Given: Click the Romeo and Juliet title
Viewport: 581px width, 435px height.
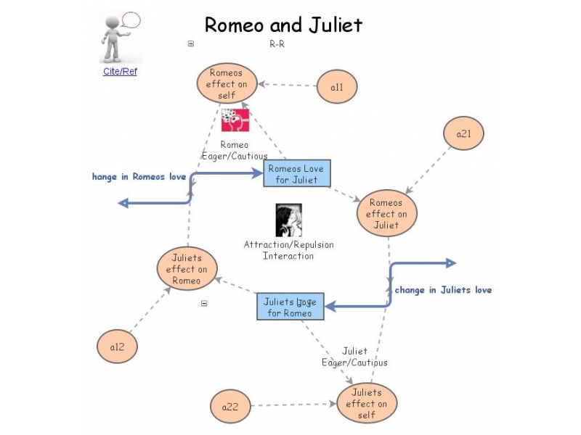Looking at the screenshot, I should click(x=283, y=25).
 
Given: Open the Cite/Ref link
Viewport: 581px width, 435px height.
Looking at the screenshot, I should click(x=120, y=72).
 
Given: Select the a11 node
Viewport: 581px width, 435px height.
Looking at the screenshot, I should click(x=337, y=88).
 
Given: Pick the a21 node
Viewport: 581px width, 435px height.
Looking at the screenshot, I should click(x=463, y=133).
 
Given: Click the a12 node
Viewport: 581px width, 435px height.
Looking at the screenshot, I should click(x=118, y=347).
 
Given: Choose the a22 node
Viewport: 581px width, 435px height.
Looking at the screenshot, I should click(x=230, y=407).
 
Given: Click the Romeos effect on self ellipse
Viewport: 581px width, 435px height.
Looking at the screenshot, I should click(x=227, y=83).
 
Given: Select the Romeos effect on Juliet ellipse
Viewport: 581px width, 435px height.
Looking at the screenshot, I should click(x=386, y=214).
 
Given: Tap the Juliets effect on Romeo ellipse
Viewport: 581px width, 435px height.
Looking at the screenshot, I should click(x=187, y=269).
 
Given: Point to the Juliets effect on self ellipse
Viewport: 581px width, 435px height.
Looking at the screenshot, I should click(x=367, y=404).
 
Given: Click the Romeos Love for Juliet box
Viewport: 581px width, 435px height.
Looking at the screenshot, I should click(x=296, y=174).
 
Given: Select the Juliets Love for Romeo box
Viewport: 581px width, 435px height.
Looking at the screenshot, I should click(x=290, y=307).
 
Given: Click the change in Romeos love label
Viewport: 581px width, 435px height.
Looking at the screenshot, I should click(x=139, y=177).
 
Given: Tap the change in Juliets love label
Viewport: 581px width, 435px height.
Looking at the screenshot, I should click(x=443, y=290).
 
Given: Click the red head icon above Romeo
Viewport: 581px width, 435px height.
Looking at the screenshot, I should click(x=235, y=120).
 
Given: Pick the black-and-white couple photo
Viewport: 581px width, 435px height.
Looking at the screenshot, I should click(x=288, y=220).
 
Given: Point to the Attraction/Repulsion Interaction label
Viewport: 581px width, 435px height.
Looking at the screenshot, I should click(x=288, y=250).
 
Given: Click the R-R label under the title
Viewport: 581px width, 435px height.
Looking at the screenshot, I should click(x=277, y=43).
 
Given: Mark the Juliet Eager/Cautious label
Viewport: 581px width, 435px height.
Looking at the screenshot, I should click(x=354, y=357).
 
